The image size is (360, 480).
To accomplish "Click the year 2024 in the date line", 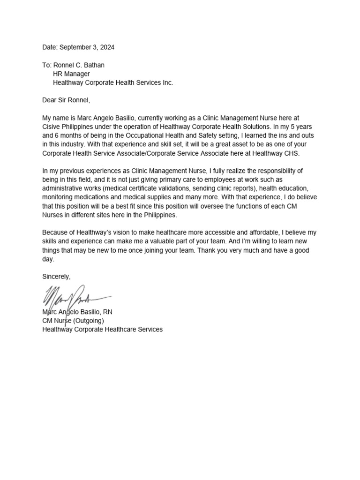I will pyautogui.click(x=106, y=47).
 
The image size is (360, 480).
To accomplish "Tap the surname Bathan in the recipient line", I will pyautogui.click(x=94, y=65).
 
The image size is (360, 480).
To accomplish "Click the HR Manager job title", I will pyautogui.click(x=71, y=74).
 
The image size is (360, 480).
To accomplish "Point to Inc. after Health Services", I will pyautogui.click(x=166, y=82).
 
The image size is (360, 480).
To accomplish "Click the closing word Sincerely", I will pyautogui.click(x=56, y=277).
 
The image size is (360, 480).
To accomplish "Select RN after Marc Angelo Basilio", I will pyautogui.click(x=107, y=312).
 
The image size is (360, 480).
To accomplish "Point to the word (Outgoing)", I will pyautogui.click(x=88, y=321).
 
